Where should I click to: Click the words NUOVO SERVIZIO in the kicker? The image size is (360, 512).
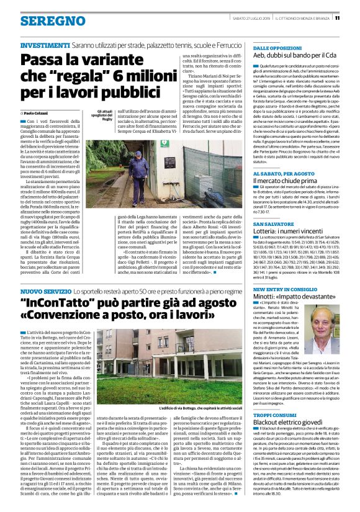[45, 290]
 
